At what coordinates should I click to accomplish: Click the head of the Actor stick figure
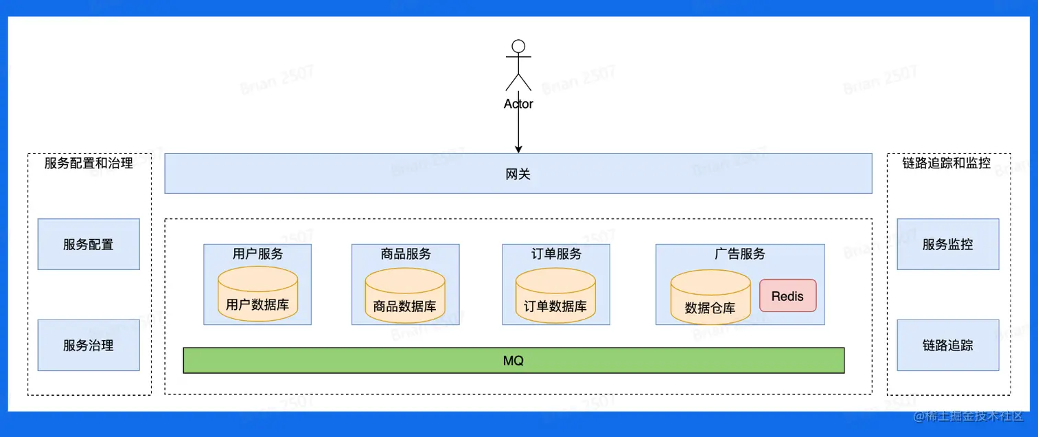[x=518, y=47]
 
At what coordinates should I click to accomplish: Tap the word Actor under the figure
[x=518, y=104]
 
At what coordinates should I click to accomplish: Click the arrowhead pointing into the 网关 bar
[x=518, y=148]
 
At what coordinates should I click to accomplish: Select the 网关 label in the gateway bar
[x=518, y=175]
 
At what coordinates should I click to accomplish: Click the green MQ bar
[x=514, y=361]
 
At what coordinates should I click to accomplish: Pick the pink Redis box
[x=787, y=295]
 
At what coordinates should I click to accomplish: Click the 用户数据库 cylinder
[x=257, y=295]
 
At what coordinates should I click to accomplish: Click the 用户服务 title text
[x=257, y=254]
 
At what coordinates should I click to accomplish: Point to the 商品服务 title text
[x=406, y=254]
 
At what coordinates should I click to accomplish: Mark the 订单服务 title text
[x=556, y=254]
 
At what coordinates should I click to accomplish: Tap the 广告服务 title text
[x=739, y=254]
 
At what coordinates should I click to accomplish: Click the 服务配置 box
[x=89, y=244]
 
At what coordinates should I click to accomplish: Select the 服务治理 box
[x=89, y=345]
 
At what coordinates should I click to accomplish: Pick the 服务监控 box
[x=947, y=244]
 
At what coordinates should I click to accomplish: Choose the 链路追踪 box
[x=947, y=345]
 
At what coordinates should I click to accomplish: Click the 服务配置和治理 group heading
[x=89, y=163]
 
